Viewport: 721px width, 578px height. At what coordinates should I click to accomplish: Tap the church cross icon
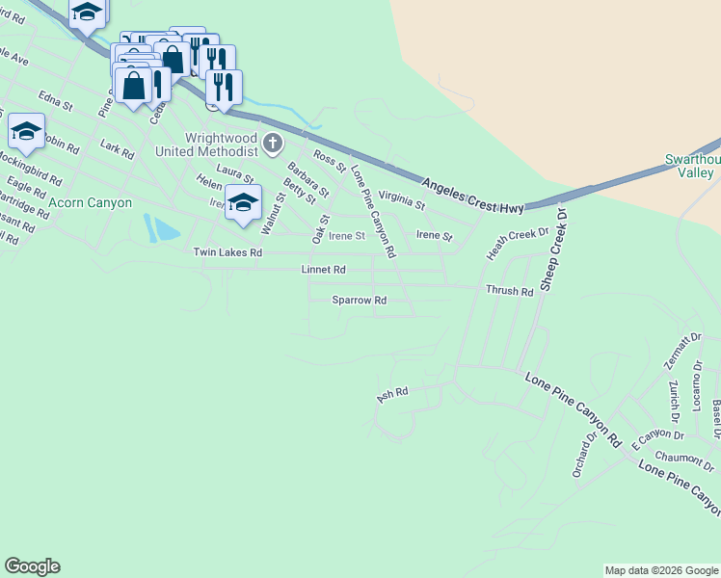coord(273,144)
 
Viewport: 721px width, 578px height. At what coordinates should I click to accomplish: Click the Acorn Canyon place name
coord(90,202)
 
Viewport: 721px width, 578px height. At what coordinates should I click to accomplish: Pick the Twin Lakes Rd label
coord(227,252)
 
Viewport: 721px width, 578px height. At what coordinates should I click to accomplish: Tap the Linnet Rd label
coord(323,271)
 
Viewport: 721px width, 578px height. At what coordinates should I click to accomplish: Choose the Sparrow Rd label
coord(360,301)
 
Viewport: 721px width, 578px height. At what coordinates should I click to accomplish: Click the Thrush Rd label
coord(510,291)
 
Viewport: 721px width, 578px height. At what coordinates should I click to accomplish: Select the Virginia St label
coord(401,199)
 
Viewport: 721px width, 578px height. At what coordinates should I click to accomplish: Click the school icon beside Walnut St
coord(244,203)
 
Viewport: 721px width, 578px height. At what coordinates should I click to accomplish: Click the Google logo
coord(32,566)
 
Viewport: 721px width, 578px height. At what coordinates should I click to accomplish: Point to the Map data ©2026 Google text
coord(661,570)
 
